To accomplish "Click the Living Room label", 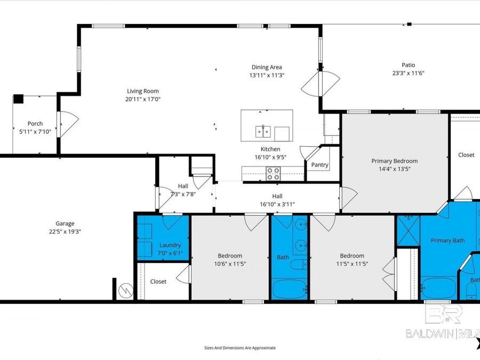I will click(x=142, y=91).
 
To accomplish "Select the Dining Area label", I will click(x=267, y=67).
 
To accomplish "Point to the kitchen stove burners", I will click(x=273, y=173).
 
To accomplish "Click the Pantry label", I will click(x=319, y=165).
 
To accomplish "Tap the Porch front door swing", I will click(x=68, y=123).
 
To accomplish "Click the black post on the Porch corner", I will click(x=18, y=99).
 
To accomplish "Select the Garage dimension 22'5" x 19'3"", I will click(x=65, y=231).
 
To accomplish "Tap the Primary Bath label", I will click(x=447, y=241).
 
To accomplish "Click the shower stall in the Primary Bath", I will click(x=408, y=230).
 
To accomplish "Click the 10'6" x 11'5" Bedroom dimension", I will click(x=229, y=263).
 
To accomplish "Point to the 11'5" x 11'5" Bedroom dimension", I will click(x=352, y=263).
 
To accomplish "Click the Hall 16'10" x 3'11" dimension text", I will click(x=277, y=204).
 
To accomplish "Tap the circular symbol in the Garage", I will click(x=125, y=291).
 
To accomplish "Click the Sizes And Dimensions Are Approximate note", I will click(x=240, y=348).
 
